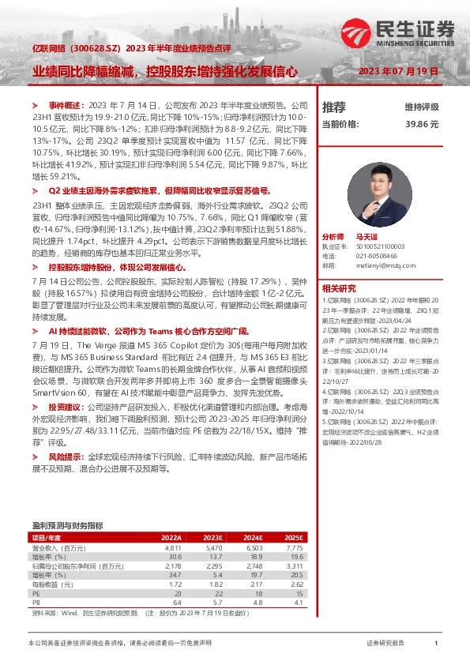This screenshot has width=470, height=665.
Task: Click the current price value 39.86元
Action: tap(422, 124)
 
